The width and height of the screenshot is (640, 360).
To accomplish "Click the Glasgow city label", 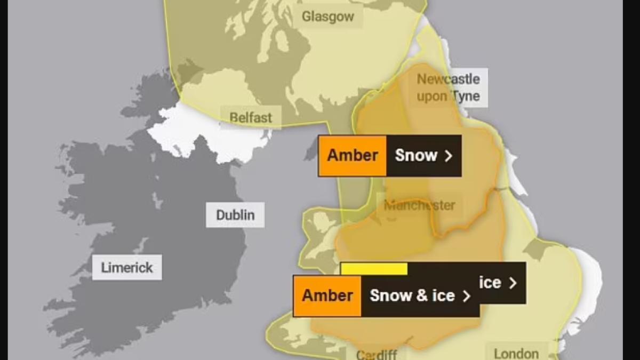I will [x=327, y=17].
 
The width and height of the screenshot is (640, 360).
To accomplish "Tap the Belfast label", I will [x=251, y=117].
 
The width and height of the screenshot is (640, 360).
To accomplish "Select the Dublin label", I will [x=235, y=215].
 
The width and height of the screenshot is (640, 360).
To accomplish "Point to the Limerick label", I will [x=127, y=267].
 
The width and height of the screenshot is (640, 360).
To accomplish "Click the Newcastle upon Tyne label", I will [x=448, y=88].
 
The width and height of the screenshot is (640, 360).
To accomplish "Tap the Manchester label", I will [x=420, y=205].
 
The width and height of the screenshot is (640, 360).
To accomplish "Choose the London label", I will [x=516, y=353].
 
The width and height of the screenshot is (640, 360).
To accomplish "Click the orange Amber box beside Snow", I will [x=353, y=156].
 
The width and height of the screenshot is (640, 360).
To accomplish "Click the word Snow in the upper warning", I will [x=416, y=156].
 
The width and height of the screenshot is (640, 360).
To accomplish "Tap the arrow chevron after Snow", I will [x=449, y=156].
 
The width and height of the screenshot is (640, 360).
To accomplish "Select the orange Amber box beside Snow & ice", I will [x=327, y=296].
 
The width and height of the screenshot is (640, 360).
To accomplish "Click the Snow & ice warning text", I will [x=412, y=296].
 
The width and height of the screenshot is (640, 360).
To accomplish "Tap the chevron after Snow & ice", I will [x=467, y=296].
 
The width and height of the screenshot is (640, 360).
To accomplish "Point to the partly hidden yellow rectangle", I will [x=374, y=269].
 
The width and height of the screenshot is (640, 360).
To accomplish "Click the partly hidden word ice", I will [x=490, y=283].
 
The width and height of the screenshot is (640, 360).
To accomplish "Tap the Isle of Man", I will [x=311, y=150].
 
